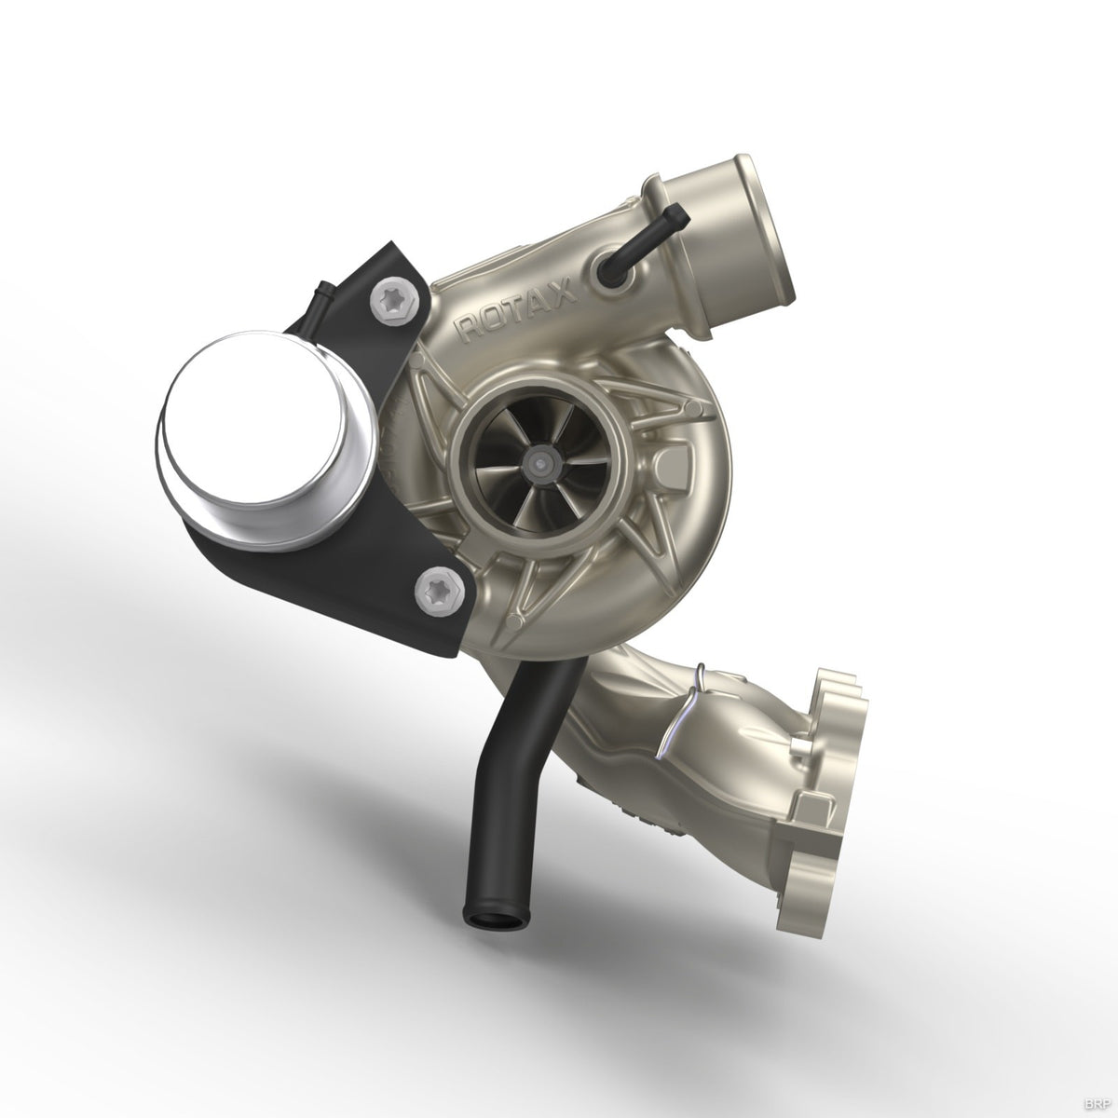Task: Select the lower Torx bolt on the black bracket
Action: pyautogui.click(x=434, y=589)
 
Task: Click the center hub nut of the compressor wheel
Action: pyautogui.click(x=539, y=460)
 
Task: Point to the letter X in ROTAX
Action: pyautogui.click(x=562, y=293)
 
